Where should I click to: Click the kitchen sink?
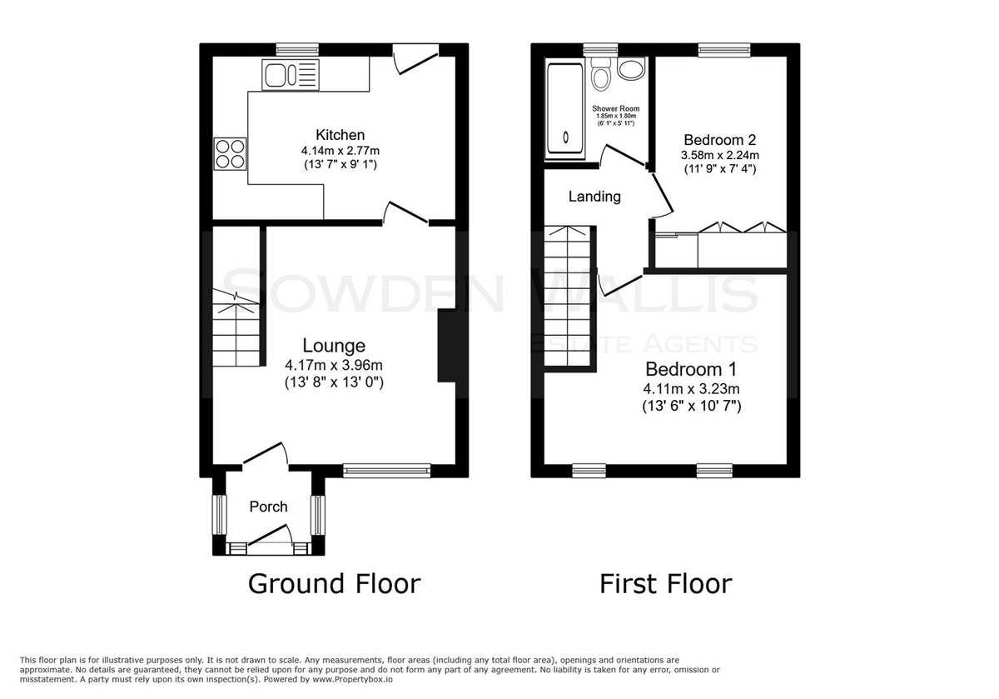[291, 75]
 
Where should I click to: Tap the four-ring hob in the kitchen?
[230, 154]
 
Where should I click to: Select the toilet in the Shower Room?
[600, 74]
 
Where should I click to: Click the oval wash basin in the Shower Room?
[631, 69]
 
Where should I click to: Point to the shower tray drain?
[565, 137]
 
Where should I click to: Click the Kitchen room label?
[340, 135]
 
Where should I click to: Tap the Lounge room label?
[334, 346]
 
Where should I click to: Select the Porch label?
[268, 507]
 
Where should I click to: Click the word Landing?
[594, 197]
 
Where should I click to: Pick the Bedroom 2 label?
[720, 140]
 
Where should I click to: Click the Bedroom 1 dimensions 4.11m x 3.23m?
[691, 389]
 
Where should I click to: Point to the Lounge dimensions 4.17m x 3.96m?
[334, 365]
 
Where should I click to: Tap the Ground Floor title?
[334, 584]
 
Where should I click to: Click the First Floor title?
[665, 584]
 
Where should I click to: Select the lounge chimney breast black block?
[446, 346]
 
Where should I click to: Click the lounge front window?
[386, 471]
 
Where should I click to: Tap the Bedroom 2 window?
[724, 49]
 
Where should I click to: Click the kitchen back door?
[415, 60]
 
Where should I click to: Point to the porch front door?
[270, 537]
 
